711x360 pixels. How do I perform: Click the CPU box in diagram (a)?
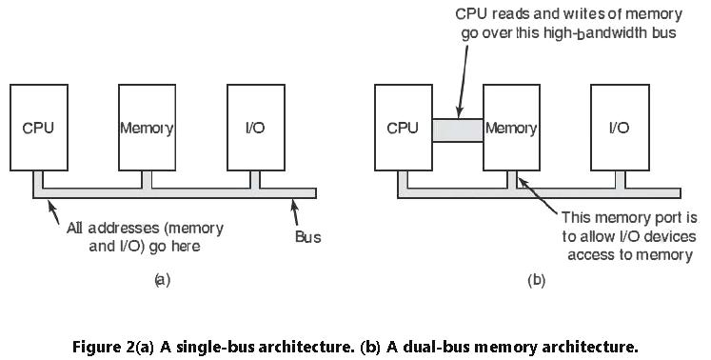pyautogui.click(x=38, y=127)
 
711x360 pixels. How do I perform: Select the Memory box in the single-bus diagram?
pyautogui.click(x=147, y=127)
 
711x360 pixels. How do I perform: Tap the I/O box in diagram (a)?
pyautogui.click(x=255, y=127)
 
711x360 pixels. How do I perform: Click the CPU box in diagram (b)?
pyautogui.click(x=403, y=127)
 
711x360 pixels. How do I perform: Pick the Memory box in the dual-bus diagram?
pyautogui.click(x=511, y=127)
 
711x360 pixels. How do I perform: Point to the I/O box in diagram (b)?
pyautogui.click(x=619, y=127)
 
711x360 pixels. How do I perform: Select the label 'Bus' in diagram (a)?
pyautogui.click(x=307, y=237)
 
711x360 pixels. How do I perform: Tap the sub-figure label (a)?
pyautogui.click(x=161, y=280)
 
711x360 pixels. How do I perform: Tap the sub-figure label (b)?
pyautogui.click(x=536, y=280)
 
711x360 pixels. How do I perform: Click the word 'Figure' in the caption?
pyautogui.click(x=98, y=346)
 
